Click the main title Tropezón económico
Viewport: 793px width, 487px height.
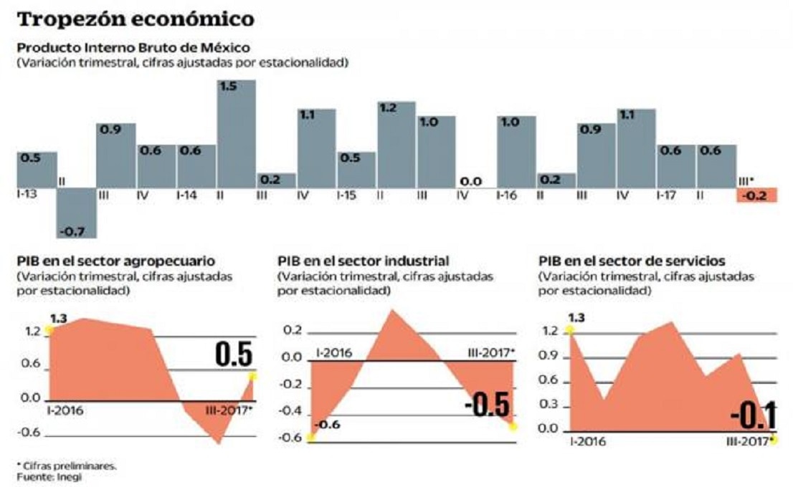tap(136, 19)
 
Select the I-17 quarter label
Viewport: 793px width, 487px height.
tap(668, 194)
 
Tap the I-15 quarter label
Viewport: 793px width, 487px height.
tap(348, 194)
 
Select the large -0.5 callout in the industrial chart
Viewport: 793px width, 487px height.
tap(488, 406)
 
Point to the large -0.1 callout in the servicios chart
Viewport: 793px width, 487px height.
tap(753, 416)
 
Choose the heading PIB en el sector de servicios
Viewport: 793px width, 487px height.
tap(631, 261)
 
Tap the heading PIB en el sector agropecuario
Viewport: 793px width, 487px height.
tap(115, 261)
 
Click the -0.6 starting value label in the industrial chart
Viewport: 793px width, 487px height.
tap(329, 425)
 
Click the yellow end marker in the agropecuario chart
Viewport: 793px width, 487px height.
tap(252, 377)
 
